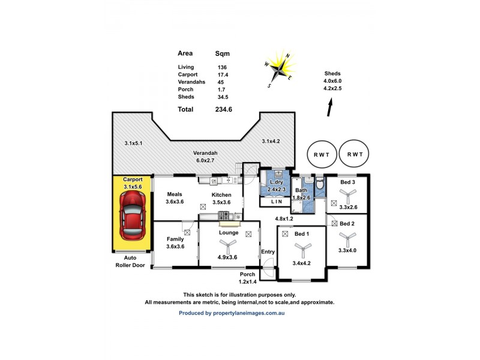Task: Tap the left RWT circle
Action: click(320, 154)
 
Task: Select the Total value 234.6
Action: click(224, 109)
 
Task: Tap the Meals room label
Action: click(175, 194)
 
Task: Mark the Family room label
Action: click(175, 239)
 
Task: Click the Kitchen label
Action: click(221, 195)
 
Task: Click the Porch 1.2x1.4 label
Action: click(247, 277)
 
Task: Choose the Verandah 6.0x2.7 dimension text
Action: click(205, 157)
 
